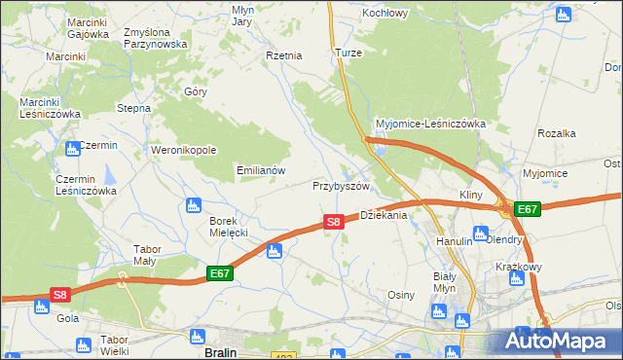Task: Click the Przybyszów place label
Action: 341,186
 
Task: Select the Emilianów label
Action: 261,170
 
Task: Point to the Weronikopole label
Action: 183,151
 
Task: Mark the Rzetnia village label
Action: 284,55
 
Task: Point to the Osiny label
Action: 401,295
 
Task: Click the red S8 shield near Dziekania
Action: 334,222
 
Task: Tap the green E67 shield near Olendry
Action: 527,209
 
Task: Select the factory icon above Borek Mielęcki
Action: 193,205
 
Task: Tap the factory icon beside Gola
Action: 41,306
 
